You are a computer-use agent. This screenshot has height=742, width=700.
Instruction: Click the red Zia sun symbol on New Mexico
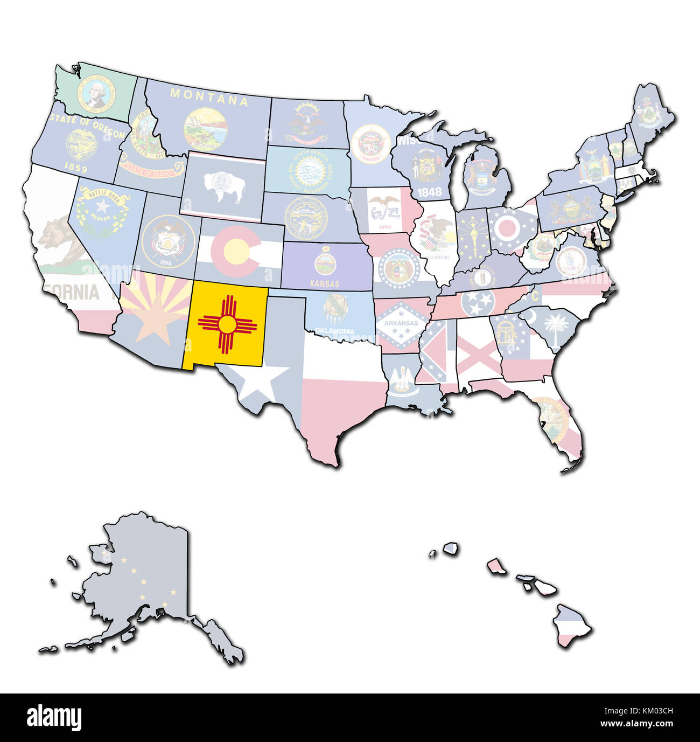point(227,323)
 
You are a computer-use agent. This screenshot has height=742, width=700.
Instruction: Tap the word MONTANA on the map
point(209,96)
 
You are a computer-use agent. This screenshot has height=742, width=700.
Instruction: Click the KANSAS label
point(325,283)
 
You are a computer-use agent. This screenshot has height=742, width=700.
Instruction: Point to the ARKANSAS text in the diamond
point(401,323)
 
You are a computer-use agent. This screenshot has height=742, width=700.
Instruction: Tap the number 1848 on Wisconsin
point(429,191)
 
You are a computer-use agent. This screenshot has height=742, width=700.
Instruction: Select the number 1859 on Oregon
point(75,168)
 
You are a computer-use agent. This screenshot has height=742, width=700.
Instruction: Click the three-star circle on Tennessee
point(477,302)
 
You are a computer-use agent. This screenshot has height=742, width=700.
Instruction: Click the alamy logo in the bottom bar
point(54,717)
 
